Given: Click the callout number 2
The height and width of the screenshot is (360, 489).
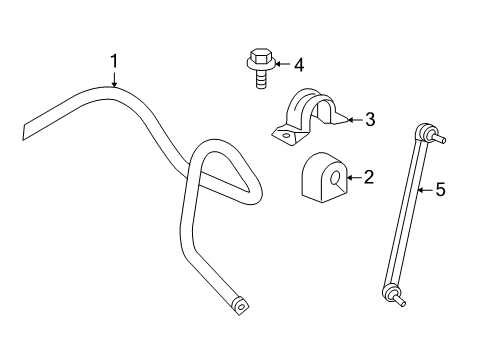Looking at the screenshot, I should pos(369,178).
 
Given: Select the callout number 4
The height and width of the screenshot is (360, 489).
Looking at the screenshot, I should pos(298,65).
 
